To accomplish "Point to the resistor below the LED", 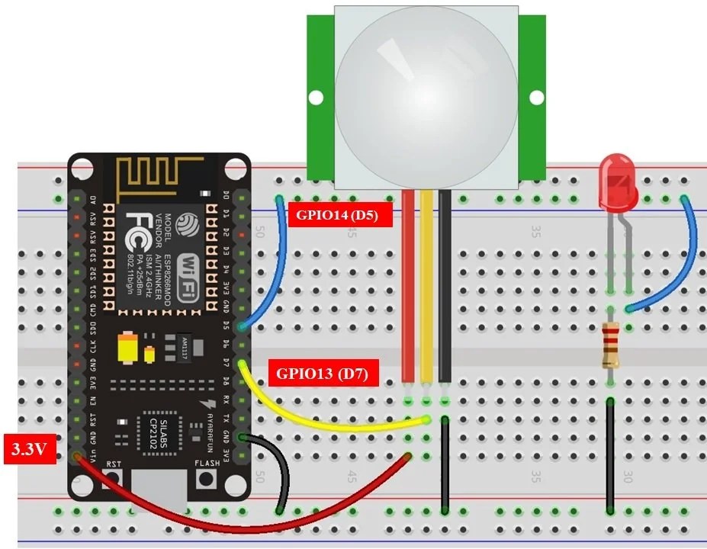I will click(x=609, y=345).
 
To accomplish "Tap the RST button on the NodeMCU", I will click(x=114, y=479).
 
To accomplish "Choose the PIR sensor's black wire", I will click(x=445, y=290).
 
